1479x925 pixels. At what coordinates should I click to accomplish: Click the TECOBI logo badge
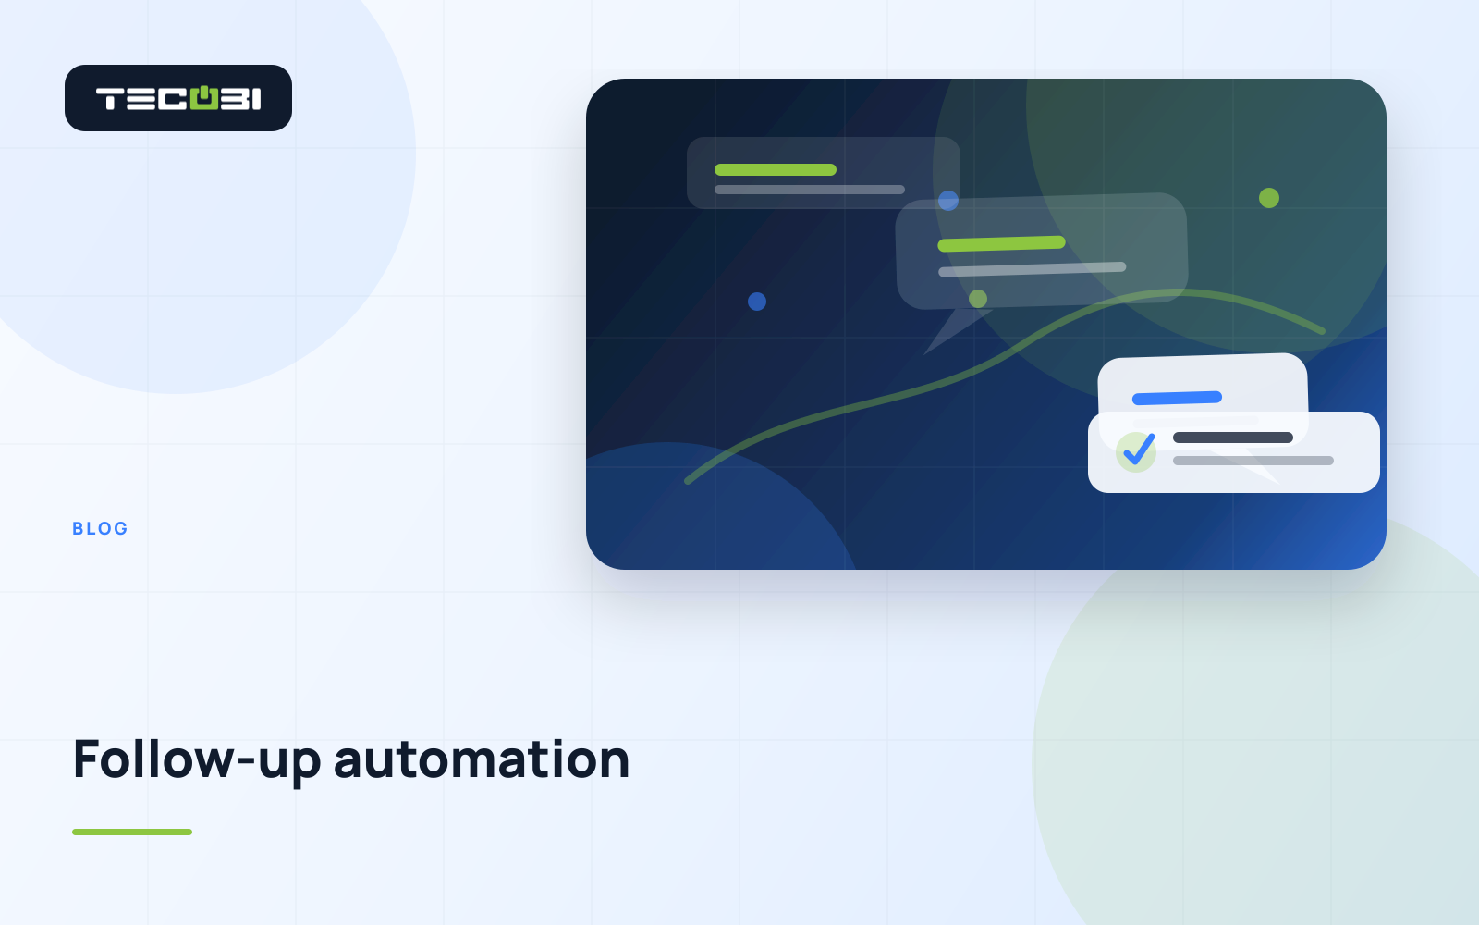(x=178, y=98)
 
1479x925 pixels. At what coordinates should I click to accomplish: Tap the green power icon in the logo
(x=204, y=98)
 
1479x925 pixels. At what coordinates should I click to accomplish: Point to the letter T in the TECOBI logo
(x=109, y=99)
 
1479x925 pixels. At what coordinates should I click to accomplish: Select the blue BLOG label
(x=100, y=528)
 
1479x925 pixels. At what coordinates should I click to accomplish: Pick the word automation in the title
(x=482, y=759)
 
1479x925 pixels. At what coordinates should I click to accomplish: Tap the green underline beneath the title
(x=132, y=832)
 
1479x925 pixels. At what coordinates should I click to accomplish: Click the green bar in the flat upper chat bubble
(x=776, y=170)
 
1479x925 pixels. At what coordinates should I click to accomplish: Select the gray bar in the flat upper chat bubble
(x=810, y=190)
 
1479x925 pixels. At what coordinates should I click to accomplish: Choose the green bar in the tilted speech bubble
(x=1002, y=244)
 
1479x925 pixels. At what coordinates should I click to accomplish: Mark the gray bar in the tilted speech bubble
(x=1032, y=269)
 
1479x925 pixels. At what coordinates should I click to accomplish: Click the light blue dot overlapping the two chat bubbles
(x=948, y=200)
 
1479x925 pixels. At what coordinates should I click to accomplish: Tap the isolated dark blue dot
(x=757, y=302)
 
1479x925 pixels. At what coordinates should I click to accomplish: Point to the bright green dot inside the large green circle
(x=1269, y=198)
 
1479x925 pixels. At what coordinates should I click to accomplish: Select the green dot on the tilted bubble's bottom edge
(x=978, y=299)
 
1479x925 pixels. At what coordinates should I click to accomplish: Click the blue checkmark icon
(x=1138, y=450)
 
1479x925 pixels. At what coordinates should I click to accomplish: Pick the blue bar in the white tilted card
(x=1178, y=398)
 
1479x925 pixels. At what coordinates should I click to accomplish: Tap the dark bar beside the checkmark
(x=1233, y=438)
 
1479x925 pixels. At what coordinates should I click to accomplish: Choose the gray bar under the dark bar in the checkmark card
(x=1253, y=461)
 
